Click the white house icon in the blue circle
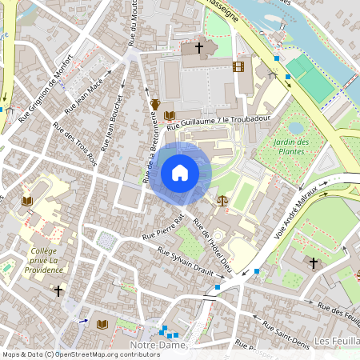(180, 173)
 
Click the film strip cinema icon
(238, 66)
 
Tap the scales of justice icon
(222, 199)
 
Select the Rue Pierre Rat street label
(163, 227)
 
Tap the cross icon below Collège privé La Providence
(58, 291)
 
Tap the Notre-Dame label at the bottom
(157, 344)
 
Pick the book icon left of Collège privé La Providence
(27, 200)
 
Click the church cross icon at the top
(198, 49)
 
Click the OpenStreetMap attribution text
(80, 354)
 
